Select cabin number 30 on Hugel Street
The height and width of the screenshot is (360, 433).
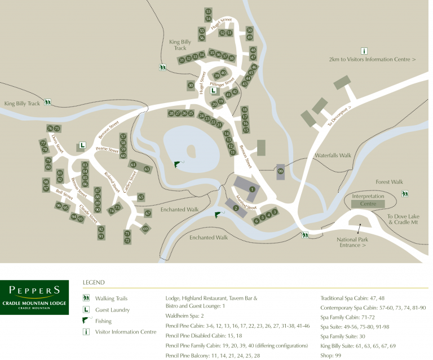[x=191, y=86]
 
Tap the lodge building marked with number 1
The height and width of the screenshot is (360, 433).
[x=252, y=189]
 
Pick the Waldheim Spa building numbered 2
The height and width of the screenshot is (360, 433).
[x=235, y=208]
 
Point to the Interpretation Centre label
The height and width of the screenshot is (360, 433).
[x=368, y=200]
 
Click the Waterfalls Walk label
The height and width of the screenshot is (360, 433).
[x=333, y=155]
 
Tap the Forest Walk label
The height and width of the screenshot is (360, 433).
[x=389, y=182]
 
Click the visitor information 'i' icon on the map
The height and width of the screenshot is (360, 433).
[x=364, y=51]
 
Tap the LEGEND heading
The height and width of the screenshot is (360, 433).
[x=94, y=282]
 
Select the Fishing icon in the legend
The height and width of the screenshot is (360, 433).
[x=86, y=321]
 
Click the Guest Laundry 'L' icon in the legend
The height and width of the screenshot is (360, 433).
[x=86, y=309]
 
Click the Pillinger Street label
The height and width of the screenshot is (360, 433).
[x=222, y=85]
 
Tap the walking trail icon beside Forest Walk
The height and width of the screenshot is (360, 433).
[x=404, y=194]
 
